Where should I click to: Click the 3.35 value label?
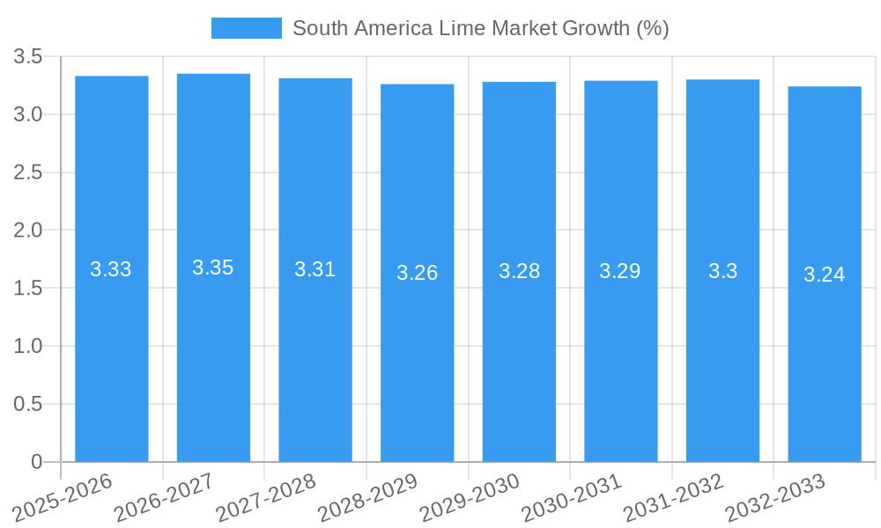[213, 268]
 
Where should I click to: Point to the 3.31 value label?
[315, 269]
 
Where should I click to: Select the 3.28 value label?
[519, 271]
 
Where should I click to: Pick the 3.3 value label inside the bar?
[723, 271]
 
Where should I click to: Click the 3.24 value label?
[825, 275]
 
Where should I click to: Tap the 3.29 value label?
[620, 271]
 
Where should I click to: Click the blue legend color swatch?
[246, 28]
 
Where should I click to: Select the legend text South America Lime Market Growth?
[480, 28]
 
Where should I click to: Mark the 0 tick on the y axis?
[36, 462]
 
